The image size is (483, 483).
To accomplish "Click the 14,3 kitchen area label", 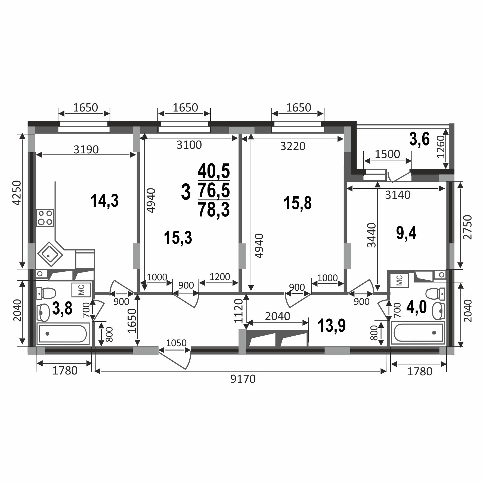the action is click(x=104, y=201).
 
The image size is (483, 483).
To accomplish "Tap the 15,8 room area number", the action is click(x=298, y=203).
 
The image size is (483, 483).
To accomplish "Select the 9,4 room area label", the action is click(x=406, y=233).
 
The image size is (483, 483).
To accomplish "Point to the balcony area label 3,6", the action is click(x=419, y=139).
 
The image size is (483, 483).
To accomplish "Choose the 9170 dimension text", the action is click(x=243, y=379).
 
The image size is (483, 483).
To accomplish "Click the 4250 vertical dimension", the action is click(x=17, y=193).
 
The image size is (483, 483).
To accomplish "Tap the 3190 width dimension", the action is click(x=86, y=149).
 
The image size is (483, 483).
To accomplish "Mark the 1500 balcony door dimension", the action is click(x=388, y=154).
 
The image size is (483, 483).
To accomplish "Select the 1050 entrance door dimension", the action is click(x=176, y=343).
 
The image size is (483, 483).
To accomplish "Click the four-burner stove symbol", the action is click(x=45, y=218).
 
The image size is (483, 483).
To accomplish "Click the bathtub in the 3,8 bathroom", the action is click(x=63, y=333).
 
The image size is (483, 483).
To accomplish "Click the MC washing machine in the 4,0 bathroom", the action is click(x=400, y=280).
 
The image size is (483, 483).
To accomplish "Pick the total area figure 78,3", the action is click(x=214, y=209).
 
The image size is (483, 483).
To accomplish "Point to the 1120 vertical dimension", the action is click(x=238, y=311).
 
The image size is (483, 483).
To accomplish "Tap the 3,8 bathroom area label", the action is click(x=62, y=308).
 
